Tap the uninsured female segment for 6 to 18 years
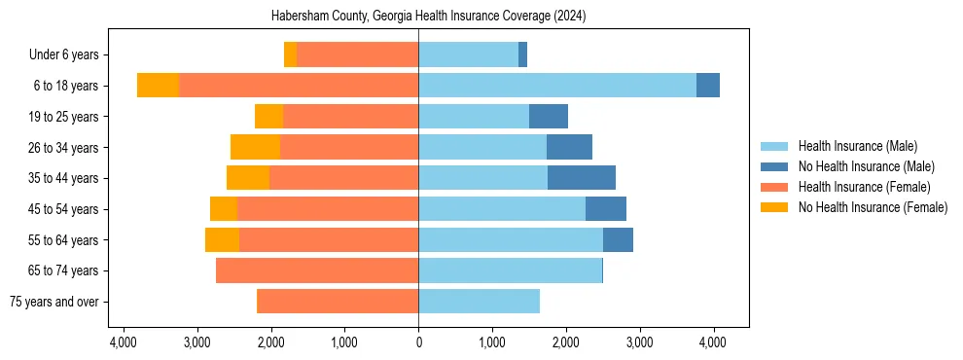pyautogui.click(x=158, y=86)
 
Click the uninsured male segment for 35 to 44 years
pyautogui.click(x=582, y=178)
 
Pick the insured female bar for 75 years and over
pyautogui.click(x=338, y=302)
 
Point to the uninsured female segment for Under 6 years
pyautogui.click(x=290, y=54)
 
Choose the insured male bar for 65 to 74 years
pyautogui.click(x=510, y=270)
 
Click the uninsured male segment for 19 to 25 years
pyautogui.click(x=549, y=117)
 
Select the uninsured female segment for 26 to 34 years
pyautogui.click(x=255, y=147)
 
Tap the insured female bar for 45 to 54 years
pyautogui.click(x=328, y=209)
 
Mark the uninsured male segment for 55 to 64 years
pyautogui.click(x=618, y=240)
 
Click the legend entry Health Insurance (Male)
pyautogui.click(x=857, y=146)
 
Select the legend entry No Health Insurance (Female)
pyautogui.click(x=873, y=207)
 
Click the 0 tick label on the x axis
pyautogui.click(x=418, y=342)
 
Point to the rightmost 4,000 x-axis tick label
pyautogui.click(x=712, y=342)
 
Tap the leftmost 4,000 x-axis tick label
pyautogui.click(x=124, y=342)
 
